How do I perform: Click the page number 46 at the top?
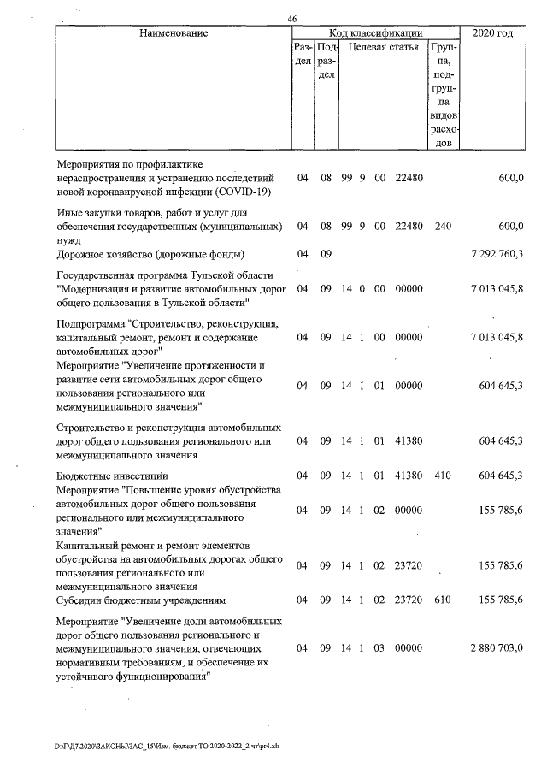click(292, 19)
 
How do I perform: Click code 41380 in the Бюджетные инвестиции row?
click(409, 475)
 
